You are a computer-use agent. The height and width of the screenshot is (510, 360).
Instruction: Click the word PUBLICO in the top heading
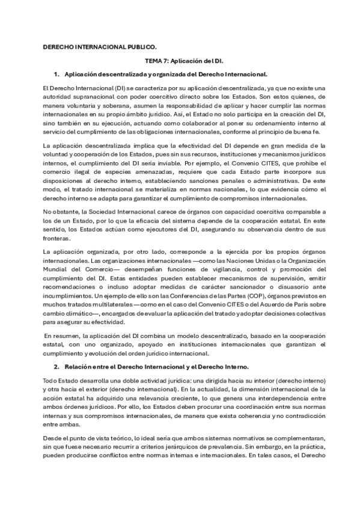(139, 46)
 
